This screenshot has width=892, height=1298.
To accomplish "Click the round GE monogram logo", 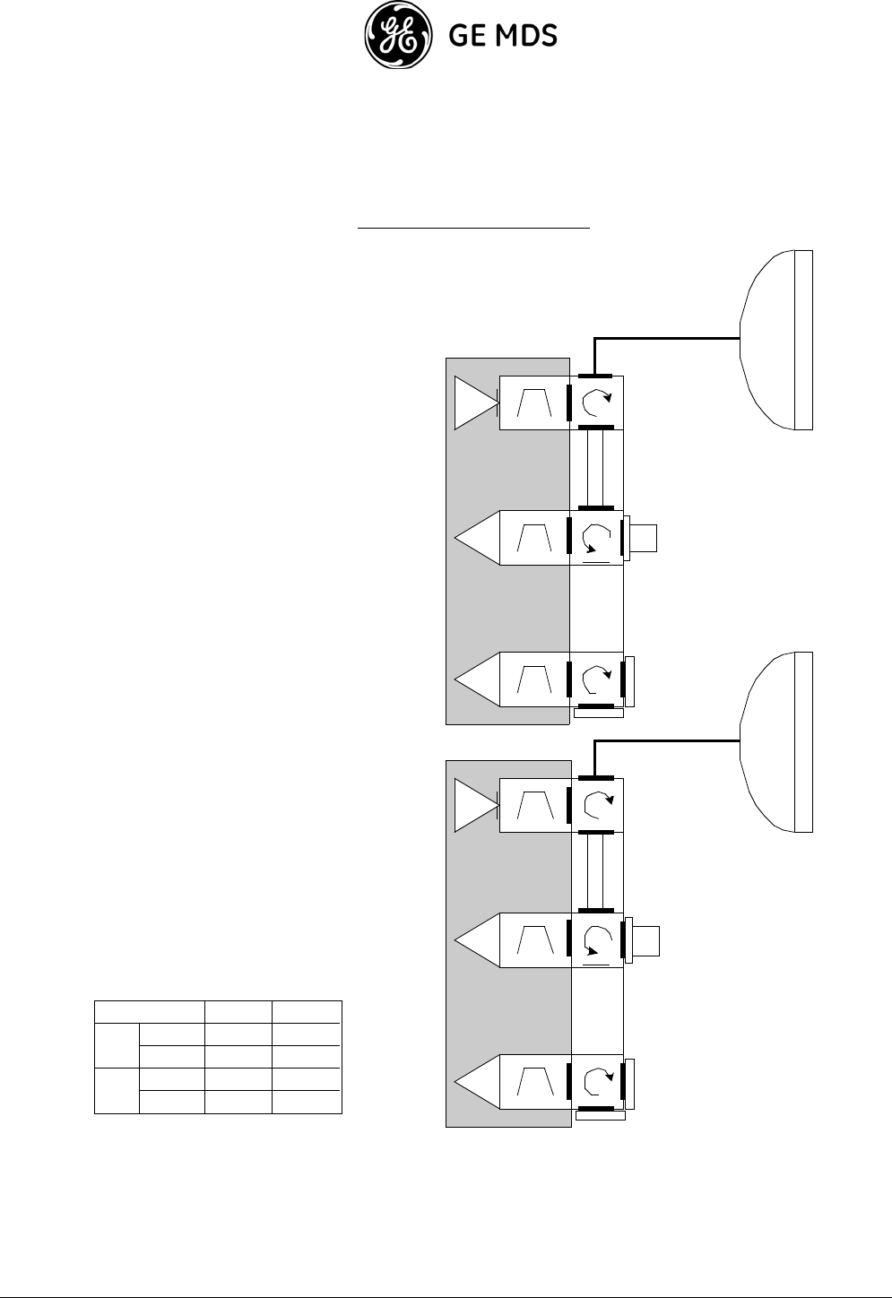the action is tap(396, 37).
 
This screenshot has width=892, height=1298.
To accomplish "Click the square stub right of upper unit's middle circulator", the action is tap(644, 538).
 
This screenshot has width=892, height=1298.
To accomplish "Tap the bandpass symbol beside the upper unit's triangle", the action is tap(534, 403).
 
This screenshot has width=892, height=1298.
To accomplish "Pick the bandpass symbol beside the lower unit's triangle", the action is tap(534, 805).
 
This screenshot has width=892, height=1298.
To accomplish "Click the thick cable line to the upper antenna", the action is tap(668, 339).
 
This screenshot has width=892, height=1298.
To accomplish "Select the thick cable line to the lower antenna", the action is tap(668, 741).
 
